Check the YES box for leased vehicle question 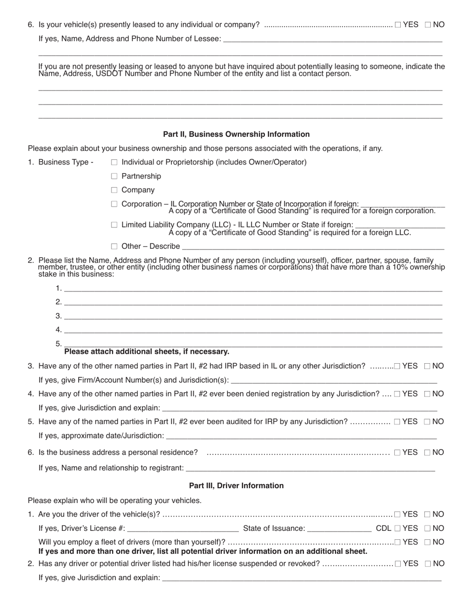pos(398,24)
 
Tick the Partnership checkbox pos(114,176)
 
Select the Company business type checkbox pos(114,190)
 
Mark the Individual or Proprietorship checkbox pos(114,162)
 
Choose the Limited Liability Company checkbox pos(114,225)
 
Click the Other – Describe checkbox pos(114,246)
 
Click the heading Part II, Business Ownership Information pos(236,134)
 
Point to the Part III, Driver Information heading pos(236,486)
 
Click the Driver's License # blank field pos(183,528)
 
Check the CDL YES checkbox pos(397,528)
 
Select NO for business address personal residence pos(427,452)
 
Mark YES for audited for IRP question pos(397,422)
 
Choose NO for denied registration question pos(427,394)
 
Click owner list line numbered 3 pos(253,316)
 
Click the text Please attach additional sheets pos(147,352)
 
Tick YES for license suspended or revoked pos(398,564)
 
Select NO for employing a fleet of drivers pos(427,542)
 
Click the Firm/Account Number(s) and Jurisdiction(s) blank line pos(334,381)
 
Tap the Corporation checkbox pos(114,204)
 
